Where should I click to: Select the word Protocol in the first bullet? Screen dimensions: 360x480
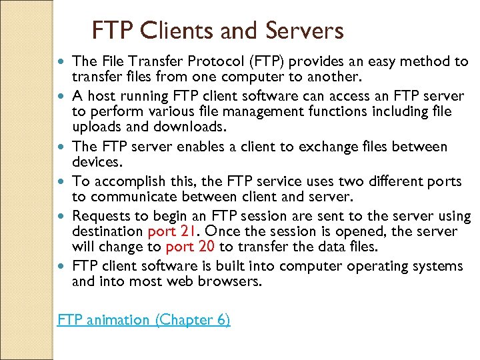tap(225, 62)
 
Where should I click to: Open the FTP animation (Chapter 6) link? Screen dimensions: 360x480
tap(144, 320)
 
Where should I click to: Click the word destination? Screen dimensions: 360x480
tap(107, 231)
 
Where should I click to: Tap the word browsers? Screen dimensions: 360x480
tap(230, 282)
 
